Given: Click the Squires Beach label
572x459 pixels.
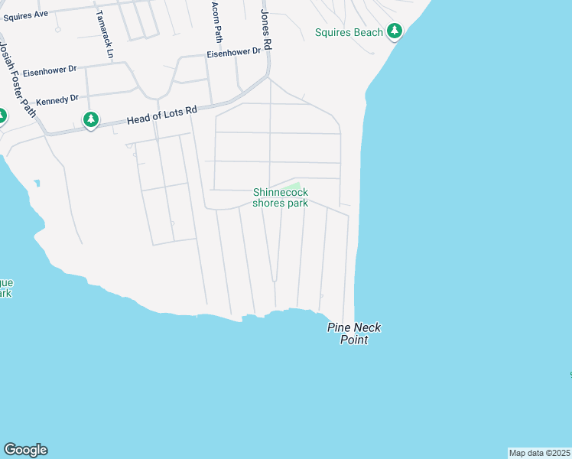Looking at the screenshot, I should tap(348, 32).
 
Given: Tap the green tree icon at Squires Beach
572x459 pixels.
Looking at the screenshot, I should tap(395, 31).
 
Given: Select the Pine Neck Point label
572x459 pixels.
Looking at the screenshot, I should tap(354, 334).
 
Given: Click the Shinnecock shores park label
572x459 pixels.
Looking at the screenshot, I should tap(280, 198).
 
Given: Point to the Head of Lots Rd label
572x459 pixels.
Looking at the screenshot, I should tap(161, 115).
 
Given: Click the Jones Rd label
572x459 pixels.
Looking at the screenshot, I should tap(266, 31).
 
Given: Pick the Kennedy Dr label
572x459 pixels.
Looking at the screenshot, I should tap(57, 99).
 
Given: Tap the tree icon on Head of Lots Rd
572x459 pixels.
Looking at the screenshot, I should tap(91, 120).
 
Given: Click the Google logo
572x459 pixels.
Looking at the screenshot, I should tap(25, 450).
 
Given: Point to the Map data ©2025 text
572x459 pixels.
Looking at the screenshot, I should tap(540, 453).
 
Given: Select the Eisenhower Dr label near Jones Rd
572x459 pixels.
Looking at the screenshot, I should tap(234, 54).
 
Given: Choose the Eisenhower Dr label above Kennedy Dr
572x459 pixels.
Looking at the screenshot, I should tap(50, 70).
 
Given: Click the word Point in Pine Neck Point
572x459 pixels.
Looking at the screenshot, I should tap(354, 340).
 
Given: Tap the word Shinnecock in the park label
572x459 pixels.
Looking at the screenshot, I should tap(280, 193).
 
